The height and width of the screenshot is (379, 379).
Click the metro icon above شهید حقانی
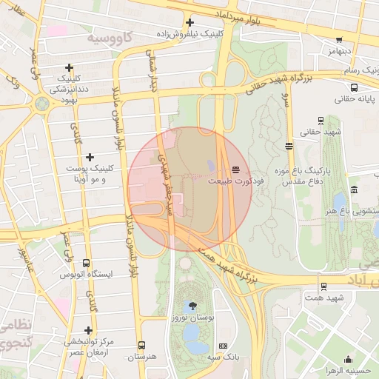[321, 120]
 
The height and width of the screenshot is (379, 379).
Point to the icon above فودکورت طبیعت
[235, 170]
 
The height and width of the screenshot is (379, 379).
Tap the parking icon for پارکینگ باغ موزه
[289, 146]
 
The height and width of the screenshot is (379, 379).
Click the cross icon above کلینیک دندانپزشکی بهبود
[70, 67]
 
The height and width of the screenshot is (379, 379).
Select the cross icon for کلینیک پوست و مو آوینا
[90, 157]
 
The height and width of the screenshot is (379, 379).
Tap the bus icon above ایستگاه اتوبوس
[87, 263]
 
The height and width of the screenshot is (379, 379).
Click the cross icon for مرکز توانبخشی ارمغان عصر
[88, 330]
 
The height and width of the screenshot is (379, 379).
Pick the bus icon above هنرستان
[141, 345]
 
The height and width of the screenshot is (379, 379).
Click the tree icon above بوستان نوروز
[193, 305]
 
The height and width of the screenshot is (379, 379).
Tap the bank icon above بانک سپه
[224, 346]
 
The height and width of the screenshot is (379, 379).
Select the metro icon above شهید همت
[323, 286]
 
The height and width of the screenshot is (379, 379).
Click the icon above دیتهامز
[339, 41]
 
